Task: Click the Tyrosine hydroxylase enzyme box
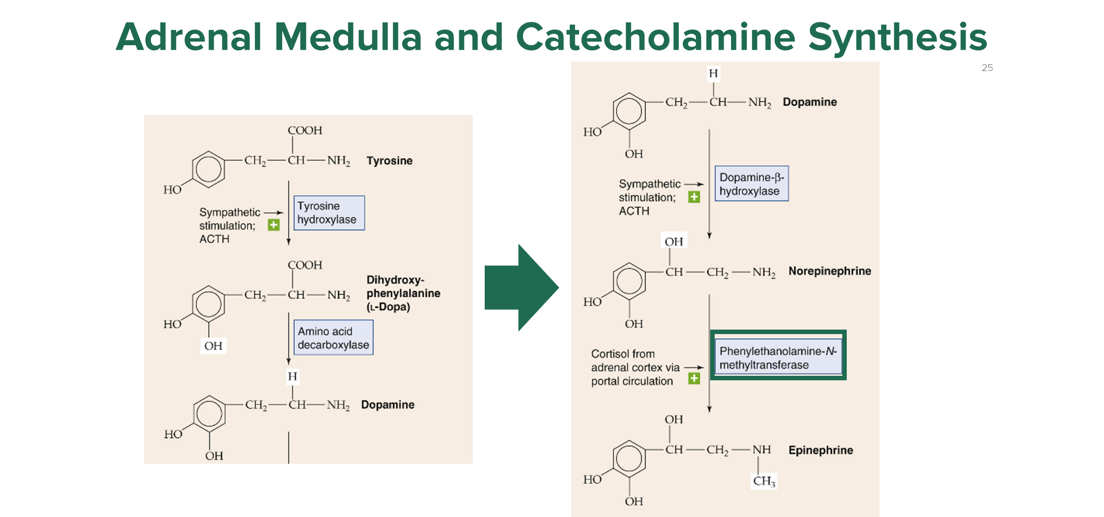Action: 329,213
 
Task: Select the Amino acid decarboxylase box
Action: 333,338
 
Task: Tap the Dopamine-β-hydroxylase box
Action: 751,184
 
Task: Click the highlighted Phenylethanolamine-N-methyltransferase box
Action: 778,357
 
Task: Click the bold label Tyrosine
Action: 389,161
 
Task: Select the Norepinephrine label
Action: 829,271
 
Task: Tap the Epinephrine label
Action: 820,450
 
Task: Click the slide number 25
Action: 987,68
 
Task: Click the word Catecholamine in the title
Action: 656,37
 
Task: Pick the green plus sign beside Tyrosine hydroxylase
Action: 274,225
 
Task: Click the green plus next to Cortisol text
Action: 694,379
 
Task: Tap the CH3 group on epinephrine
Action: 764,481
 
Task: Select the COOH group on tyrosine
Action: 305,130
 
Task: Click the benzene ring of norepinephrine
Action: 629,281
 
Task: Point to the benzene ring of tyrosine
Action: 208,169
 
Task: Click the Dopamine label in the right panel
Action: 810,102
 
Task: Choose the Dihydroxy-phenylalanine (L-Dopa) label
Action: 403,293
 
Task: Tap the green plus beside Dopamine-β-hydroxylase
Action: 694,197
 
